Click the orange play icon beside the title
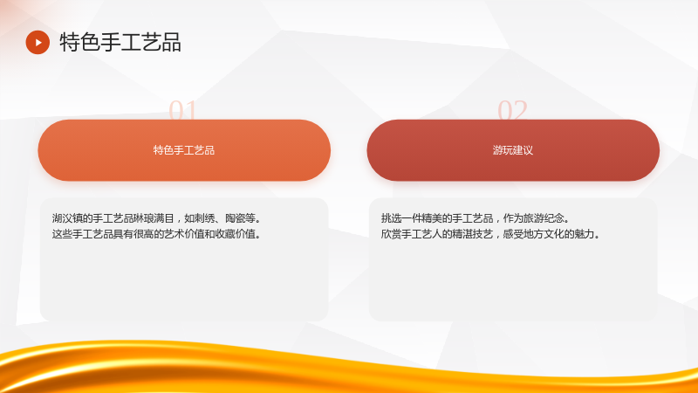(x=38, y=42)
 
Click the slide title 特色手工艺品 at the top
(x=120, y=42)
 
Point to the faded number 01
(x=182, y=110)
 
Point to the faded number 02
(x=512, y=110)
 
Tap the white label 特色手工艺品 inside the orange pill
(x=184, y=150)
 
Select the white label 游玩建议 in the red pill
(x=513, y=150)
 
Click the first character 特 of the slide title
(x=70, y=42)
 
